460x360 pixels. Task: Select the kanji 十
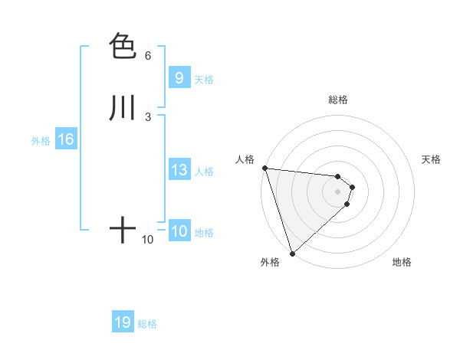pyautogui.click(x=123, y=230)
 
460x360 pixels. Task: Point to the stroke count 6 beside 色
pyautogui.click(x=147, y=56)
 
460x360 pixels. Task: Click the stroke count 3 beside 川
pyautogui.click(x=147, y=116)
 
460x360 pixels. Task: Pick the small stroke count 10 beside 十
pyautogui.click(x=147, y=240)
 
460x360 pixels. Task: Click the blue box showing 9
pyautogui.click(x=179, y=78)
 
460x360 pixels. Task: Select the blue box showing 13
pyautogui.click(x=179, y=170)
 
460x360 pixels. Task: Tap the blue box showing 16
pyautogui.click(x=66, y=139)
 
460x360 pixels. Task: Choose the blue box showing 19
pyautogui.click(x=123, y=322)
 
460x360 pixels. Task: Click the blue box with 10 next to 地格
pyautogui.click(x=179, y=231)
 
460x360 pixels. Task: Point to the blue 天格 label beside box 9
pyautogui.click(x=204, y=80)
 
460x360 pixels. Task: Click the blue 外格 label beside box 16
pyautogui.click(x=41, y=141)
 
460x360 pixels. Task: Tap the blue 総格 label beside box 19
pyautogui.click(x=147, y=324)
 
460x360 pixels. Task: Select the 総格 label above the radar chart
pyautogui.click(x=338, y=100)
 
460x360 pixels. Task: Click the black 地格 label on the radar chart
pyautogui.click(x=402, y=263)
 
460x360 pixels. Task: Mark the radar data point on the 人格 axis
pyautogui.click(x=264, y=168)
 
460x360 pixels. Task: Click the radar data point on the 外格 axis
pyautogui.click(x=292, y=254)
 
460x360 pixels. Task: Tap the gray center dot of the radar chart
pyautogui.click(x=338, y=191)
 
